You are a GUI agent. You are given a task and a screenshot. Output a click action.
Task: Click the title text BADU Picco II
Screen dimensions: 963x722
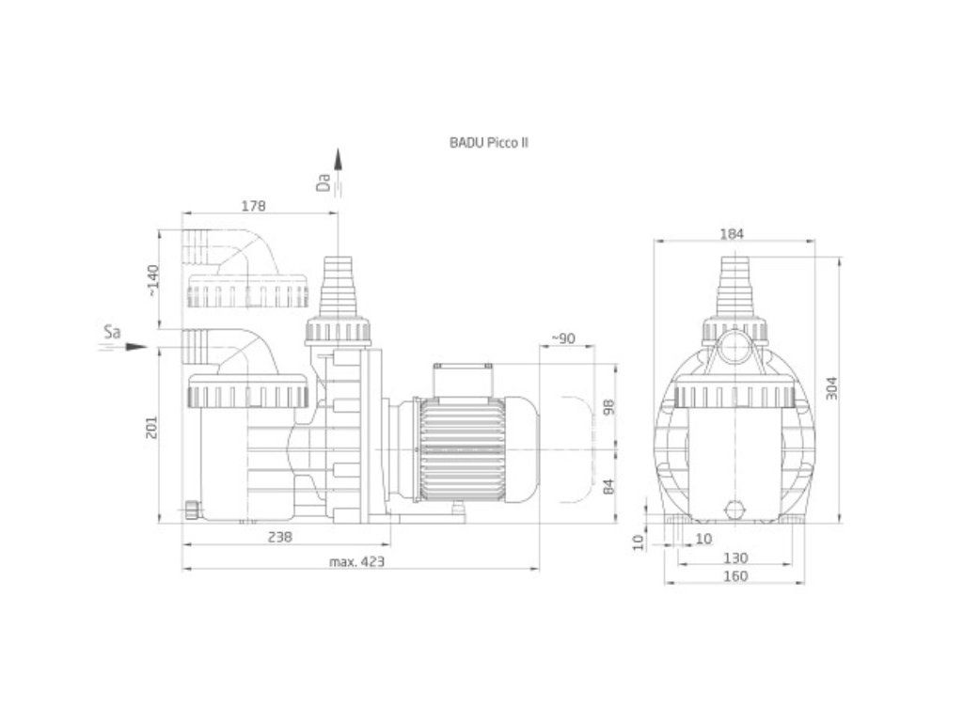tap(489, 143)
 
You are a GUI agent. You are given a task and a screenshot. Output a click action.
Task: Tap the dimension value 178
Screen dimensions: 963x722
tap(254, 206)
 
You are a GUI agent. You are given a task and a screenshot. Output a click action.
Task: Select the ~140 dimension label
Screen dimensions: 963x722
tap(152, 281)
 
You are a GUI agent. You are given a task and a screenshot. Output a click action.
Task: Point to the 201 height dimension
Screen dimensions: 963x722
tap(151, 428)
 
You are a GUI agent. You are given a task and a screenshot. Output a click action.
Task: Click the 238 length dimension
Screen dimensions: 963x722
tap(280, 537)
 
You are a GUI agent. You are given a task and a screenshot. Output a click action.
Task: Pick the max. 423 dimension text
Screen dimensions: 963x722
tap(356, 561)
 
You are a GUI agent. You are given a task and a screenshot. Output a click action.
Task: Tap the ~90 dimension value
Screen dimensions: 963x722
tap(563, 338)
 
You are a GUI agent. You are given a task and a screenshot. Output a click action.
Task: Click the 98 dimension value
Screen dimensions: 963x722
tap(608, 407)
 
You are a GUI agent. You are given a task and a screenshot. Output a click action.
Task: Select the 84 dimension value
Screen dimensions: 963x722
tap(608, 487)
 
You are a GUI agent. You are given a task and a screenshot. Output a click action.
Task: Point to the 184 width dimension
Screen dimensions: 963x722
tap(732, 233)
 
